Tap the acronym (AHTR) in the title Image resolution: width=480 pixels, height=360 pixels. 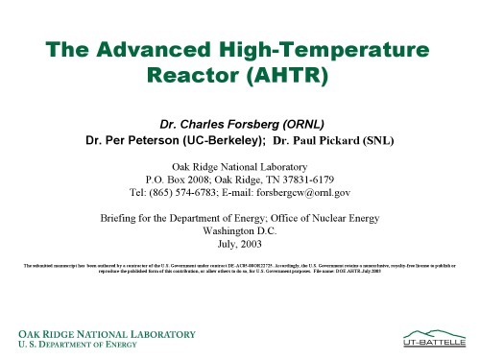[300, 75]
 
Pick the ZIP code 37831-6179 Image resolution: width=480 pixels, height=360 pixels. [304, 178]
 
